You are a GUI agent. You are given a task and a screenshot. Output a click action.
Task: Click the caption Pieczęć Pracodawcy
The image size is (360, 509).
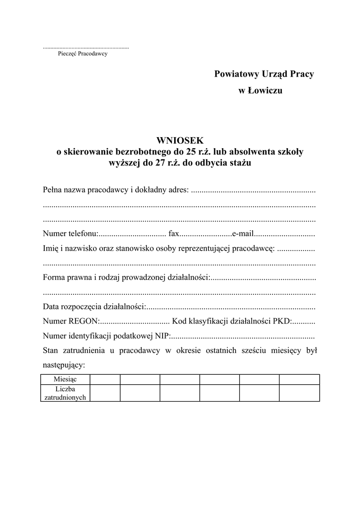[x=83, y=54]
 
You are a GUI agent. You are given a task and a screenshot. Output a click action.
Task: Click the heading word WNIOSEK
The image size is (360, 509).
[x=180, y=141]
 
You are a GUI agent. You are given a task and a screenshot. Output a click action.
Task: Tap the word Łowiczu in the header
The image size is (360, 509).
[x=265, y=91]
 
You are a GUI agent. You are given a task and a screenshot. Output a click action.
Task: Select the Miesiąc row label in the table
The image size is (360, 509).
[x=65, y=379]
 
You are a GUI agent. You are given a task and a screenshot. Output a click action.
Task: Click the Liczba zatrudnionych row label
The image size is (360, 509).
[x=65, y=393]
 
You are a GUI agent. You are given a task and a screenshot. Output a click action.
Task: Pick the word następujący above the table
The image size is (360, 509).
[x=64, y=365]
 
